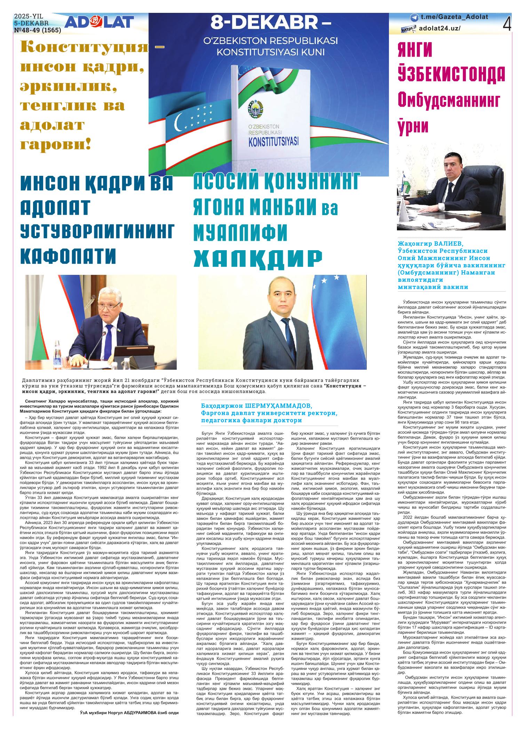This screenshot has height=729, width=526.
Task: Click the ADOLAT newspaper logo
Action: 99,23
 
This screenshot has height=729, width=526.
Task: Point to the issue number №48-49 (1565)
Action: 37,31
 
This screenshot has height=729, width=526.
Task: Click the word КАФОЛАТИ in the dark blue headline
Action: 68,255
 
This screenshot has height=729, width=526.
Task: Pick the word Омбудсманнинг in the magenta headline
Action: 449,100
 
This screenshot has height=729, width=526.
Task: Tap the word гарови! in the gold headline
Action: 56,143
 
